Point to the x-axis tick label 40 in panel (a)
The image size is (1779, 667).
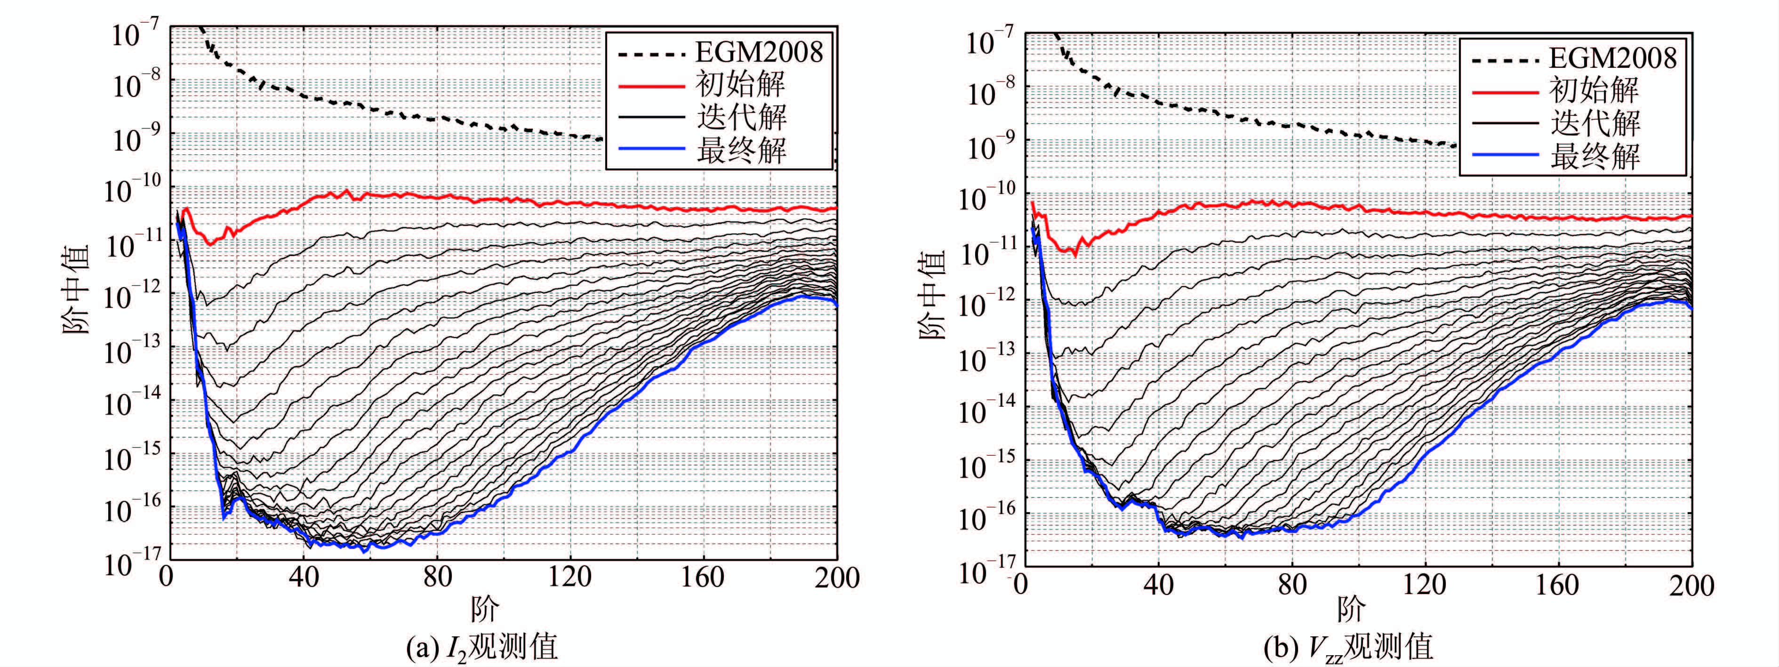pos(304,577)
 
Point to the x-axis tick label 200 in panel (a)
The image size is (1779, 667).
pos(836,577)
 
